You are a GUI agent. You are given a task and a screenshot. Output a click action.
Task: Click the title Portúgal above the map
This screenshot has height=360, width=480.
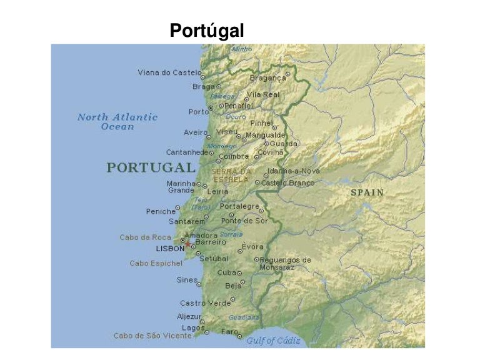(207, 30)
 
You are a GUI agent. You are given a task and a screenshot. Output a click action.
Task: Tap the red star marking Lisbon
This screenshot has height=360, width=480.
(187, 244)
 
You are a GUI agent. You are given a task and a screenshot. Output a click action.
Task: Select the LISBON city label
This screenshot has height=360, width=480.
(170, 249)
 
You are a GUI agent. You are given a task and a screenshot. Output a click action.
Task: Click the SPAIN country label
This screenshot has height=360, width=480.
(367, 192)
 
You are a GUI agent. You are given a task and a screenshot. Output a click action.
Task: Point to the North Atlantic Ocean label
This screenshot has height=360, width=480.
(117, 121)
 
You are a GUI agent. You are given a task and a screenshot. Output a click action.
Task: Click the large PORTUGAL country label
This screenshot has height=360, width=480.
(151, 167)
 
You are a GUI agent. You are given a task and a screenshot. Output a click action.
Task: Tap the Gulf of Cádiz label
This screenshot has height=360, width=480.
(273, 341)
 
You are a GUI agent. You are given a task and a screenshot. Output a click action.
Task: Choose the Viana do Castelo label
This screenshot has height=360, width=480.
(169, 72)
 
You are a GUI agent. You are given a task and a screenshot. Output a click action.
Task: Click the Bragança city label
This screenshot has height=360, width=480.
(267, 78)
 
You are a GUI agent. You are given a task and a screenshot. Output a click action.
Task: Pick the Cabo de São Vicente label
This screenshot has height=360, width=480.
(152, 336)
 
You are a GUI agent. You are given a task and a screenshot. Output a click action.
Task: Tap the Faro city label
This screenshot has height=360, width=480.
(229, 331)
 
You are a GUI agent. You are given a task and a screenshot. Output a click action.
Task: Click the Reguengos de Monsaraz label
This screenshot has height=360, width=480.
(285, 263)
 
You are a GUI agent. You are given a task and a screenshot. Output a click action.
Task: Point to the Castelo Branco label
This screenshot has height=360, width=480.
(287, 183)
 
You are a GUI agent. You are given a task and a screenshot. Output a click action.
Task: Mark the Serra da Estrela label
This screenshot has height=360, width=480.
(231, 175)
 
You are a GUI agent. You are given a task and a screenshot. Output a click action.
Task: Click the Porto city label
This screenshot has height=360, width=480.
(198, 112)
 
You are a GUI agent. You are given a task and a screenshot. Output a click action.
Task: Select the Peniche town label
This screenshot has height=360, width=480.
(161, 211)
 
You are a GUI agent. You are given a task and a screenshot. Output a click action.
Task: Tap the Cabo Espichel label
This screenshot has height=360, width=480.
(156, 263)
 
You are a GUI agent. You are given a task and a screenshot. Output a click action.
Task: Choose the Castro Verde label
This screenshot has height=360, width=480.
(205, 303)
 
